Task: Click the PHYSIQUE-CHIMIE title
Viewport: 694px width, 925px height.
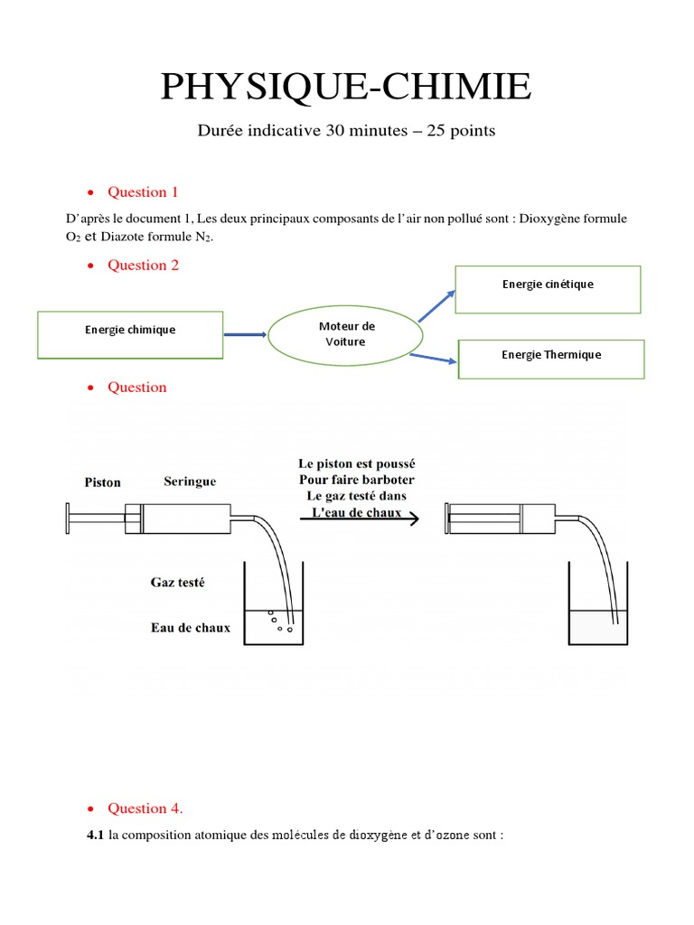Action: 346,87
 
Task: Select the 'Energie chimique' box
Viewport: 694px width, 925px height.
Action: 130,334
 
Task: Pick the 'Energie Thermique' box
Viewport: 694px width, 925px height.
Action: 551,359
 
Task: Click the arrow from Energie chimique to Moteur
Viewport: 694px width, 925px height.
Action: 245,335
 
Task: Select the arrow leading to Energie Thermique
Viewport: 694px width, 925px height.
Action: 433,359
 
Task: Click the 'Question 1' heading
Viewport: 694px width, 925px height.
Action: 143,192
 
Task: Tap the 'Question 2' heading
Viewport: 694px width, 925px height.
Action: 143,265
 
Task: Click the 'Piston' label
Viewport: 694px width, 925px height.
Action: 102,482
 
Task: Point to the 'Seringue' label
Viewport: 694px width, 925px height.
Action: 190,482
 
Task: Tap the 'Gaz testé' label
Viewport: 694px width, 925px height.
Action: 177,583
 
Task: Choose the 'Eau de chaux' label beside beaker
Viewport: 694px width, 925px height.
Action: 190,628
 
